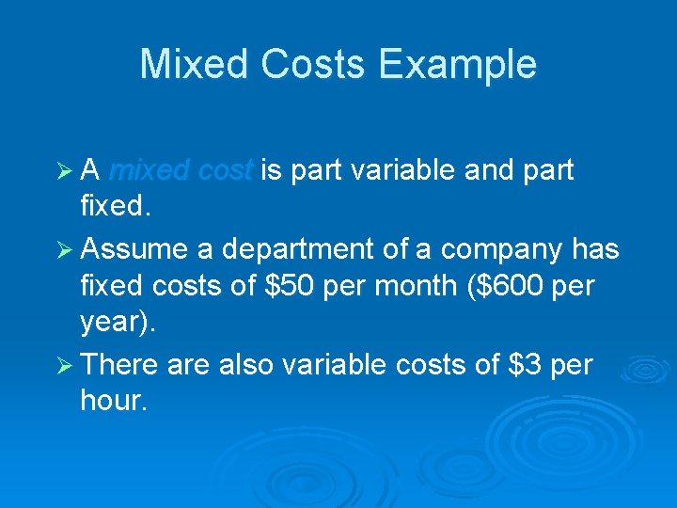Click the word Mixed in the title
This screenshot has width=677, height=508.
point(193,64)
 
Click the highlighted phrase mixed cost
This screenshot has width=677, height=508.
point(181,170)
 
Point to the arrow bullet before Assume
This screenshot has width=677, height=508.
point(66,249)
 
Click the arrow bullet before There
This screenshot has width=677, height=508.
point(66,364)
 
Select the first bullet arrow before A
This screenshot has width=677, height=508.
point(66,170)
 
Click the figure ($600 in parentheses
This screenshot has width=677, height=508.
point(514,285)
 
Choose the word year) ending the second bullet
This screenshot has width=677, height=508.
point(118,324)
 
